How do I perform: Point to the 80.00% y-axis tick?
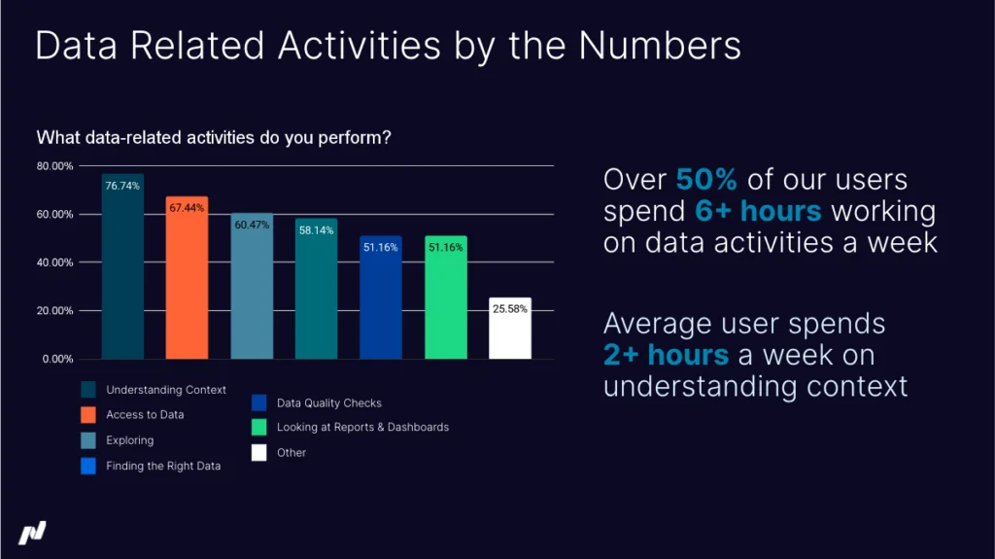pos(55,166)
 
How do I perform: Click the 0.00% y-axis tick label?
pos(57,359)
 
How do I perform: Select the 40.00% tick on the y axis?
pos(55,262)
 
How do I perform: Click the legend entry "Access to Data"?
pos(145,415)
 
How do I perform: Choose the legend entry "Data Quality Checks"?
pos(328,402)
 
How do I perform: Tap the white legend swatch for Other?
pos(259,452)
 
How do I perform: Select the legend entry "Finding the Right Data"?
pos(163,466)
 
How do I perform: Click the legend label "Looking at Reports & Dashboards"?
pos(362,427)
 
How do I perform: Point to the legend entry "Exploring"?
pos(129,440)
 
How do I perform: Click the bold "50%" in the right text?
pos(705,180)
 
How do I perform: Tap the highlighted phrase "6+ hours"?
pos(758,211)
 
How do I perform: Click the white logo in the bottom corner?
pos(32,533)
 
